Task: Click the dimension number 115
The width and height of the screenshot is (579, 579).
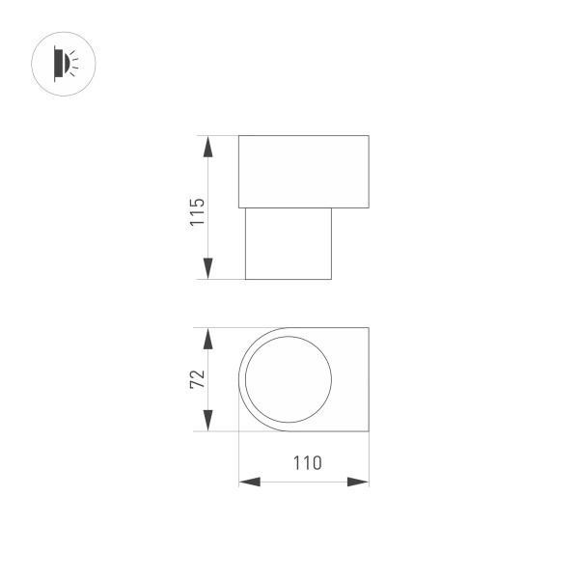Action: pos(198,211)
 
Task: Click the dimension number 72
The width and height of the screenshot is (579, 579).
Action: pos(198,378)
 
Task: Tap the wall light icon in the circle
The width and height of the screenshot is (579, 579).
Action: pos(64,64)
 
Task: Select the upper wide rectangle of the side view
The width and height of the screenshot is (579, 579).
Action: pos(303,172)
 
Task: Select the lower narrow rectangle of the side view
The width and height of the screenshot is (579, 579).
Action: pos(288,243)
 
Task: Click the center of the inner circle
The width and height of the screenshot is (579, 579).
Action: pos(288,379)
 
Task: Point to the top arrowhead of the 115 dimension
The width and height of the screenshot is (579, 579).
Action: pos(207,146)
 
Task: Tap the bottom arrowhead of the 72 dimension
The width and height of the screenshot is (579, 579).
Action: pos(207,421)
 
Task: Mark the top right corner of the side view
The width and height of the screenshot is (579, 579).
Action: pos(369,136)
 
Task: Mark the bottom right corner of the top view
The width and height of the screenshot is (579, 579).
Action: pos(369,431)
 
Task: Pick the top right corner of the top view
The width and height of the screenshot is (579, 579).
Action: pos(369,328)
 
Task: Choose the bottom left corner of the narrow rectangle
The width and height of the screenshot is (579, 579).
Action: pos(245,279)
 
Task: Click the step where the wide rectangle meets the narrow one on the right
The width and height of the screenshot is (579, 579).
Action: pos(332,207)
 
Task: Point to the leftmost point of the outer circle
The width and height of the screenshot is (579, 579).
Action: pos(238,379)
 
